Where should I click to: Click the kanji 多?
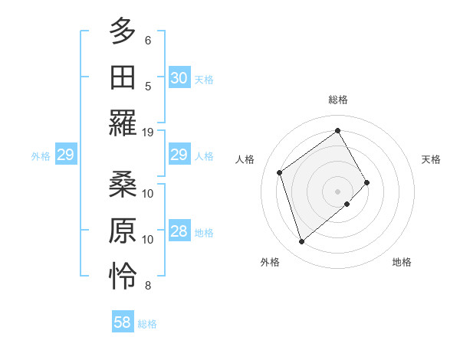coord(123,32)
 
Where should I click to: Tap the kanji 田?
coord(123,78)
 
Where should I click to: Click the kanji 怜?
coord(123,277)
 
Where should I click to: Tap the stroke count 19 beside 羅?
coord(148,132)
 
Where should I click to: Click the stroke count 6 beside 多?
coord(148,40)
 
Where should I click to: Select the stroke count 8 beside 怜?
coord(148,286)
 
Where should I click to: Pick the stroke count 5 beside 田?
coord(148,86)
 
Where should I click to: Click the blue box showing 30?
coord(179,78)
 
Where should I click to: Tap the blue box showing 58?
coord(122,322)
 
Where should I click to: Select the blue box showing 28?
coord(179,232)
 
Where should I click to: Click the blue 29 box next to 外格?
coord(65,155)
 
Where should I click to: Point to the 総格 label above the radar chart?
coord(338,100)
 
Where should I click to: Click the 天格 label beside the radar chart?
coord(432,159)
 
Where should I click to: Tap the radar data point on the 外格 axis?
coord(301,242)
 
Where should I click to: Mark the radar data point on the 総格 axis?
coord(338,129)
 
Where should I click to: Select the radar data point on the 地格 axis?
coord(347,204)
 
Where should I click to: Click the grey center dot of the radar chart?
coord(338,190)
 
